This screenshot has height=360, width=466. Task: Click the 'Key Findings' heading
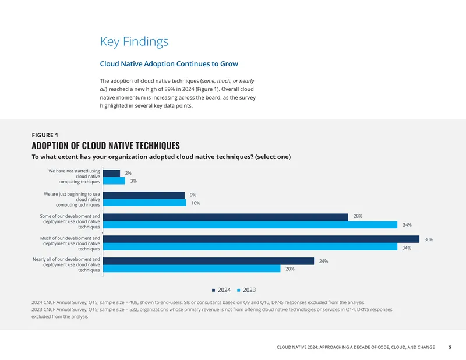(x=134, y=41)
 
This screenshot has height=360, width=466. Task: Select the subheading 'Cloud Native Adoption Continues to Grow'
(x=169, y=64)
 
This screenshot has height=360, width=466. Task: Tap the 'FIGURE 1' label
(x=45, y=135)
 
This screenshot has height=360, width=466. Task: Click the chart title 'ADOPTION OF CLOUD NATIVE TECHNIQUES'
(x=106, y=146)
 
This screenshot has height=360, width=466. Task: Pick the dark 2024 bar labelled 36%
(x=261, y=239)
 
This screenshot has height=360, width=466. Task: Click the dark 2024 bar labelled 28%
(x=225, y=217)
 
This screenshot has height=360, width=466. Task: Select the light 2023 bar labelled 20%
(x=192, y=269)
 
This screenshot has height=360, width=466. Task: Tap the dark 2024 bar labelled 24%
(x=209, y=262)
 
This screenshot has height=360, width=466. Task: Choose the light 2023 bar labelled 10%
(x=144, y=203)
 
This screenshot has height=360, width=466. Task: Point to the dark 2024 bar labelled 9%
(x=144, y=195)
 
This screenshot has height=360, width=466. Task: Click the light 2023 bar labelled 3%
(x=114, y=181)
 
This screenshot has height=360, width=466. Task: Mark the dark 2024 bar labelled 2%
(x=111, y=174)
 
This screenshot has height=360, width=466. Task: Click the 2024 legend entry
(x=221, y=290)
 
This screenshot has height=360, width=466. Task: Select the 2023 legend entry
(x=246, y=290)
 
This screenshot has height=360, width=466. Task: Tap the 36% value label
(x=429, y=239)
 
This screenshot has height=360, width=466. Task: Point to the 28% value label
(x=358, y=216)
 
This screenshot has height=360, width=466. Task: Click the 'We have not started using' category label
(x=75, y=171)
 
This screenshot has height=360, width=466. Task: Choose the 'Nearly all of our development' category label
(x=66, y=259)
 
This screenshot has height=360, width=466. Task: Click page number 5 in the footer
(x=450, y=347)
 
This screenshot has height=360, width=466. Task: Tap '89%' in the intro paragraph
(x=170, y=89)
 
